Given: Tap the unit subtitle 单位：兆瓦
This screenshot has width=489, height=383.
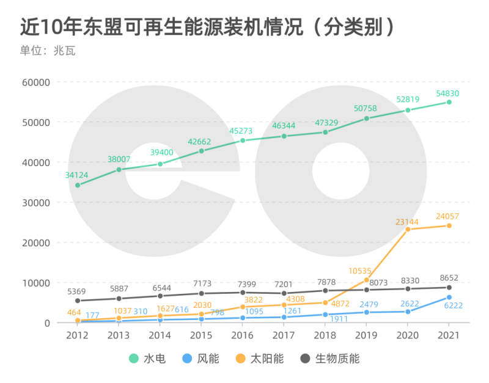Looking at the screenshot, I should point(47,51).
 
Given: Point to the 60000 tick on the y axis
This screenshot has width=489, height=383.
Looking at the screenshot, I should point(37,82).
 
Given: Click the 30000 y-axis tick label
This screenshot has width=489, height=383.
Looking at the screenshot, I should point(37,202).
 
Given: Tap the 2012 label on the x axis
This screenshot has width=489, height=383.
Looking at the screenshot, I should point(78,335).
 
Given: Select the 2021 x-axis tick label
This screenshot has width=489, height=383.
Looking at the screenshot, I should point(449,335).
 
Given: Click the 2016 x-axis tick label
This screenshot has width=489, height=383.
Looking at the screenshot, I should point(243,335).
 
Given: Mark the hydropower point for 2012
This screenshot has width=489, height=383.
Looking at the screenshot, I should point(78,185).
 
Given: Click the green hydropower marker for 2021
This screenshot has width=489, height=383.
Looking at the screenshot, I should point(449,102).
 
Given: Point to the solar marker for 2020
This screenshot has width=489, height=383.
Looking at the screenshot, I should point(408,229).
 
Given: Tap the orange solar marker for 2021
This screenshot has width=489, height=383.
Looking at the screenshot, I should point(449,225).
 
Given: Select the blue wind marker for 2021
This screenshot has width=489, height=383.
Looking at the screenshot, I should point(449,297).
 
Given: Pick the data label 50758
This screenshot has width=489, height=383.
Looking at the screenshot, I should point(366,109).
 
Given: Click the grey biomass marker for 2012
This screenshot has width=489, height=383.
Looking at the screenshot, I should point(78,301).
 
